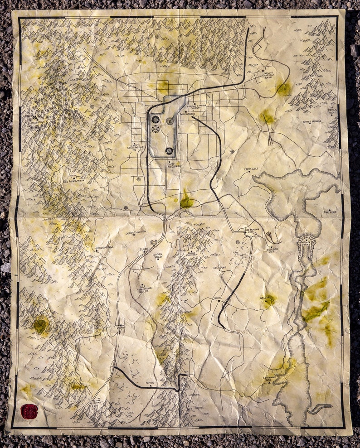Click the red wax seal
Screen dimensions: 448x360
pyautogui.click(x=29, y=411)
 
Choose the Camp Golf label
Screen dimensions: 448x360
pyautogui.click(x=251, y=170)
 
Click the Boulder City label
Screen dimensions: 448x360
pyautogui.click(x=272, y=249)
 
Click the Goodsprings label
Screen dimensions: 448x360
pyautogui.click(x=105, y=248)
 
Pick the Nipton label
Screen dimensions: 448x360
pyautogui.click(x=151, y=383)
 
